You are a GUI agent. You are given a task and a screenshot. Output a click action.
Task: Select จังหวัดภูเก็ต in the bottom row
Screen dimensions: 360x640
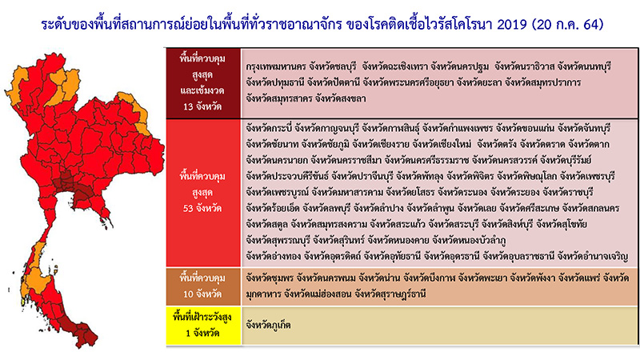coord(271,326)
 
